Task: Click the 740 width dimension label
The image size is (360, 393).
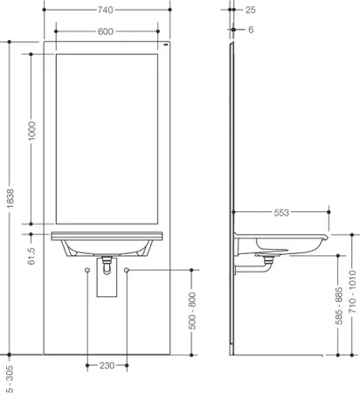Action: pyautogui.click(x=105, y=10)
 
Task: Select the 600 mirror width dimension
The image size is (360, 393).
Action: pyautogui.click(x=106, y=31)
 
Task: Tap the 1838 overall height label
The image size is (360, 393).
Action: pyautogui.click(x=10, y=198)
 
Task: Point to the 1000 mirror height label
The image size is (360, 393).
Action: pyautogui.click(x=31, y=131)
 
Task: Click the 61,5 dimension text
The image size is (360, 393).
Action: pyautogui.click(x=31, y=256)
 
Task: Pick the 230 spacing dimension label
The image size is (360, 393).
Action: pyautogui.click(x=107, y=365)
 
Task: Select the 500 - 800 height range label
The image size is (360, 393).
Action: pyautogui.click(x=192, y=311)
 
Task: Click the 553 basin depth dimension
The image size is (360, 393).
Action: pyautogui.click(x=281, y=213)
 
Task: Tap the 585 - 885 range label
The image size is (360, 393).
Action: pyautogui.click(x=338, y=306)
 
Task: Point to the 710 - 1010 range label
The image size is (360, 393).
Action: pyautogui.click(x=352, y=292)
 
